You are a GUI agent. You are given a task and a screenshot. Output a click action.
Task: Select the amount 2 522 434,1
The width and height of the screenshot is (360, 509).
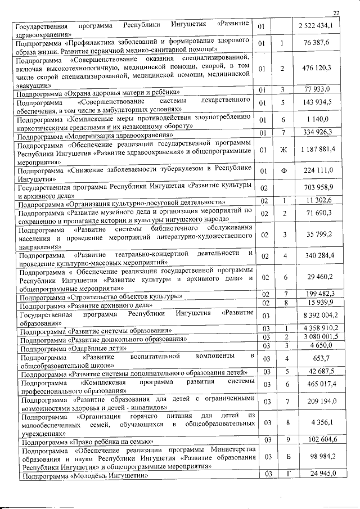[319, 26]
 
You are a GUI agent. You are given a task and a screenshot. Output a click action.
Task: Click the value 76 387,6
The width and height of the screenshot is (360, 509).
[320, 43]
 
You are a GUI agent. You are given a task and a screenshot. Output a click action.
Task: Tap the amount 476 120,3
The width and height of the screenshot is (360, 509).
[319, 68]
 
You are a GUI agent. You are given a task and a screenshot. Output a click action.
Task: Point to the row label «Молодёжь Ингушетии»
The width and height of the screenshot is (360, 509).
[84, 476]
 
